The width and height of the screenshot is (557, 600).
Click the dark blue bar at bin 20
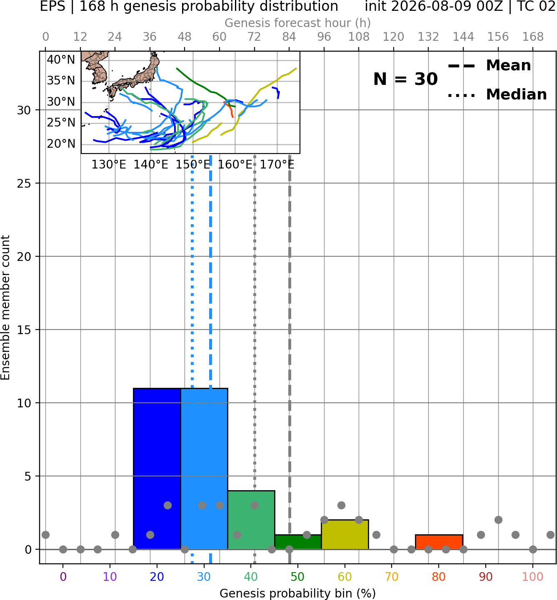(157, 469)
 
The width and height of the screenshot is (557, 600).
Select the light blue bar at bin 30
(204, 469)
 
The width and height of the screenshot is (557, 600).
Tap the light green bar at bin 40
(251, 520)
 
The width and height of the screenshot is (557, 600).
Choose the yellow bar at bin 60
(345, 534)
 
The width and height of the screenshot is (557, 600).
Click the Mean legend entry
(489, 66)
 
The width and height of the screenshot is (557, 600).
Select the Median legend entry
(497, 94)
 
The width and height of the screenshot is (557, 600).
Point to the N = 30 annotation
(405, 79)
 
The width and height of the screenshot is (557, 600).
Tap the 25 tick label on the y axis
(24, 183)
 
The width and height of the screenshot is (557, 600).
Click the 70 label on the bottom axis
(392, 577)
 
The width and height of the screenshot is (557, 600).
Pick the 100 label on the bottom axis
(533, 577)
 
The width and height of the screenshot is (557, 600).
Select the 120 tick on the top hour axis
(393, 37)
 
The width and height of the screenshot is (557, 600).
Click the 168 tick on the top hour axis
(533, 37)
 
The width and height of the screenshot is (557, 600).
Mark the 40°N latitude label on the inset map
(61, 60)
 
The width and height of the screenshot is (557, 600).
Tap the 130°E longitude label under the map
(109, 165)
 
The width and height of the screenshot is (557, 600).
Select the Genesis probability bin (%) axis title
(298, 593)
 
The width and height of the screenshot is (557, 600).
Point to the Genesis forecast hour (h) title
(298, 23)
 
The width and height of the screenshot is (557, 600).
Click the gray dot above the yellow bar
(341, 505)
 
